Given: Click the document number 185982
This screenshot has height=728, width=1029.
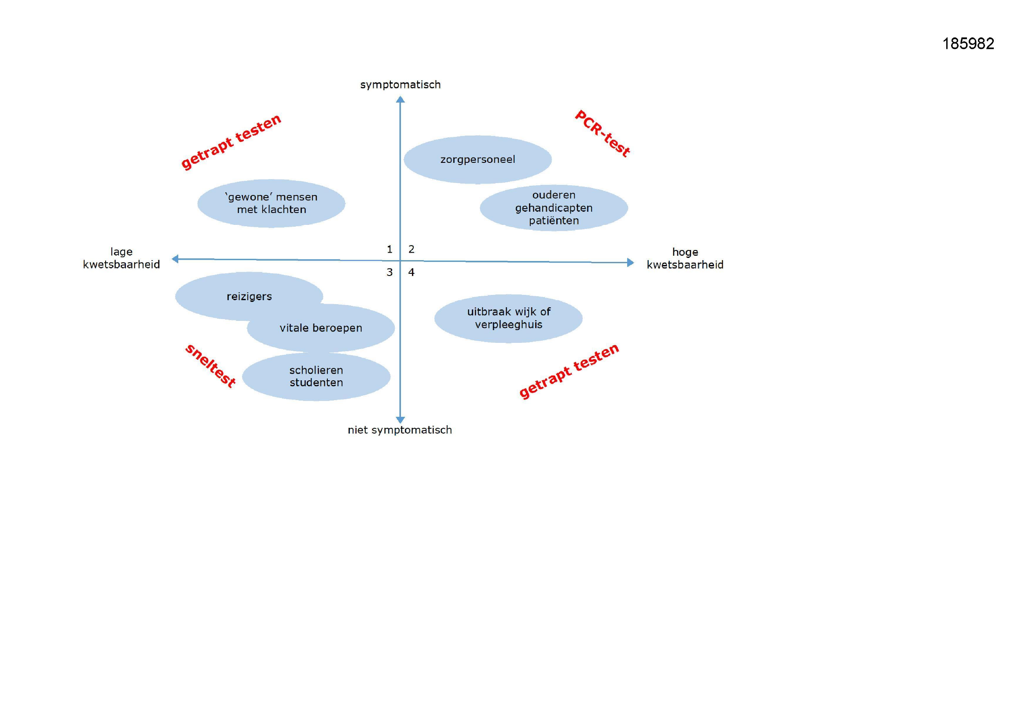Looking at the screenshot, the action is coord(968,44).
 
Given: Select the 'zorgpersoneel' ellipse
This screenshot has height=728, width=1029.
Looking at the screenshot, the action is coord(478,160).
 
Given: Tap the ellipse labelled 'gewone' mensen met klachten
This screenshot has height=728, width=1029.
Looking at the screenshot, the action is coord(271,203).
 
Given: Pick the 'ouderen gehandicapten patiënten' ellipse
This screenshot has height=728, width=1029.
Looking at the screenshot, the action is coord(554,208).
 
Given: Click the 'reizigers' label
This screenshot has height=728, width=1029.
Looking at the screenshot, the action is coord(249,296).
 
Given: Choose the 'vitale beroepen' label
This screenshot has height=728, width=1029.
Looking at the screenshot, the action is coord(321,328).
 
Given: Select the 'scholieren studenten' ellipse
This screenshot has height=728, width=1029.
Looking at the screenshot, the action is coord(316,377).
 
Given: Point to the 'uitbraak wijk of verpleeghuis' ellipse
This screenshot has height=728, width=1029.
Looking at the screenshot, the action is coord(509,318).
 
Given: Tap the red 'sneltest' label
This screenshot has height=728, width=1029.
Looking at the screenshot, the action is coord(210,366).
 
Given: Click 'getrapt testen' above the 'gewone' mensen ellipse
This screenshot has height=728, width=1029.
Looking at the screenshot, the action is coord(231,142).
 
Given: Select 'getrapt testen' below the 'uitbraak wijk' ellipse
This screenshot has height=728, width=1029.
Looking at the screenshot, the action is coord(569,371).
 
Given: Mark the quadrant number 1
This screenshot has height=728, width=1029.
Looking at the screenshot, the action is coord(390,249).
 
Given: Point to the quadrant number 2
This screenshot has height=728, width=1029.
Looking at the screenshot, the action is coord(412,249).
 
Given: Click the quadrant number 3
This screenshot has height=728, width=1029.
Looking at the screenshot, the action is coord(390,272).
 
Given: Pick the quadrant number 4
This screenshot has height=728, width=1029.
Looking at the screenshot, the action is coord(412,272).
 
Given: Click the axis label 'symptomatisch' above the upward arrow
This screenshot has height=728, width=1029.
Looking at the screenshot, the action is coord(401,85).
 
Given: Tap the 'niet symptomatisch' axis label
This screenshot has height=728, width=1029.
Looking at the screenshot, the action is coord(400,430).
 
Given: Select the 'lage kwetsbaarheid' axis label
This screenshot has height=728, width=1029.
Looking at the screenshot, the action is coord(121,258).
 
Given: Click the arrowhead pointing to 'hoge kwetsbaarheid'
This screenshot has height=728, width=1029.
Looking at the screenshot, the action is coord(631,263).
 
